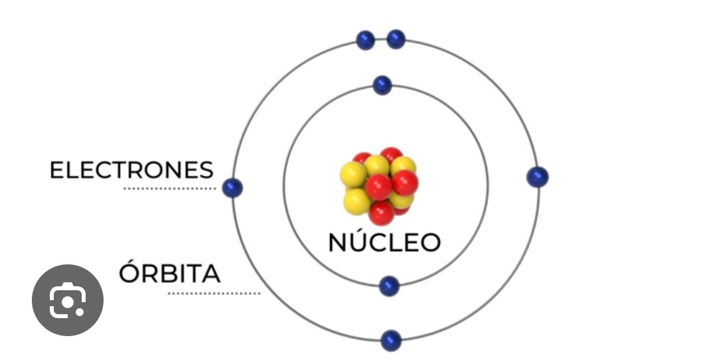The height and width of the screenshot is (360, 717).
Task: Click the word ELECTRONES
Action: click(x=131, y=170)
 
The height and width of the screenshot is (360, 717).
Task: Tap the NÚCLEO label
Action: click(x=384, y=242)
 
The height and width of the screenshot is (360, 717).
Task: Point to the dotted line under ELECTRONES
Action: click(x=170, y=189)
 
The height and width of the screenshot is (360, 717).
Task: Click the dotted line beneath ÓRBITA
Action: click(x=214, y=293)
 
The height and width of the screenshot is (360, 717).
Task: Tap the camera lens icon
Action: click(x=68, y=300)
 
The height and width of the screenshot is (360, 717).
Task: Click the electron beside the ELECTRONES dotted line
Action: click(x=232, y=188)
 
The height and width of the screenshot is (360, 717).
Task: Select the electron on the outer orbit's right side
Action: click(x=537, y=177)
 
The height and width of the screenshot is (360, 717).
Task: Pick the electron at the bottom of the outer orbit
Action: click(x=391, y=341)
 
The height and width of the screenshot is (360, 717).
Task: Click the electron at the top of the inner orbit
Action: click(x=382, y=86)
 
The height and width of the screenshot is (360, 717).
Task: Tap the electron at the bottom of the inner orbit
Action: click(x=389, y=286)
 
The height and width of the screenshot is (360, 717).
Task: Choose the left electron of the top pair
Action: click(x=365, y=41)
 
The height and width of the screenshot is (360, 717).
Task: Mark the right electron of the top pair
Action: click(x=396, y=39)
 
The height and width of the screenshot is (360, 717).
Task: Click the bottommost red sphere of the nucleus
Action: click(x=381, y=213)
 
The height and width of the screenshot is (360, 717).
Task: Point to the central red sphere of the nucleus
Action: click(x=378, y=187)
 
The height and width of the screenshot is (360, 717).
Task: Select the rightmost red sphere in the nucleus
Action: click(x=405, y=183)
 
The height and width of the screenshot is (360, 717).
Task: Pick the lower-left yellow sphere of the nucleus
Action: click(x=357, y=202)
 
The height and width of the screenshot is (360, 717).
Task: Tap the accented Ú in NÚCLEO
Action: click(x=362, y=240)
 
